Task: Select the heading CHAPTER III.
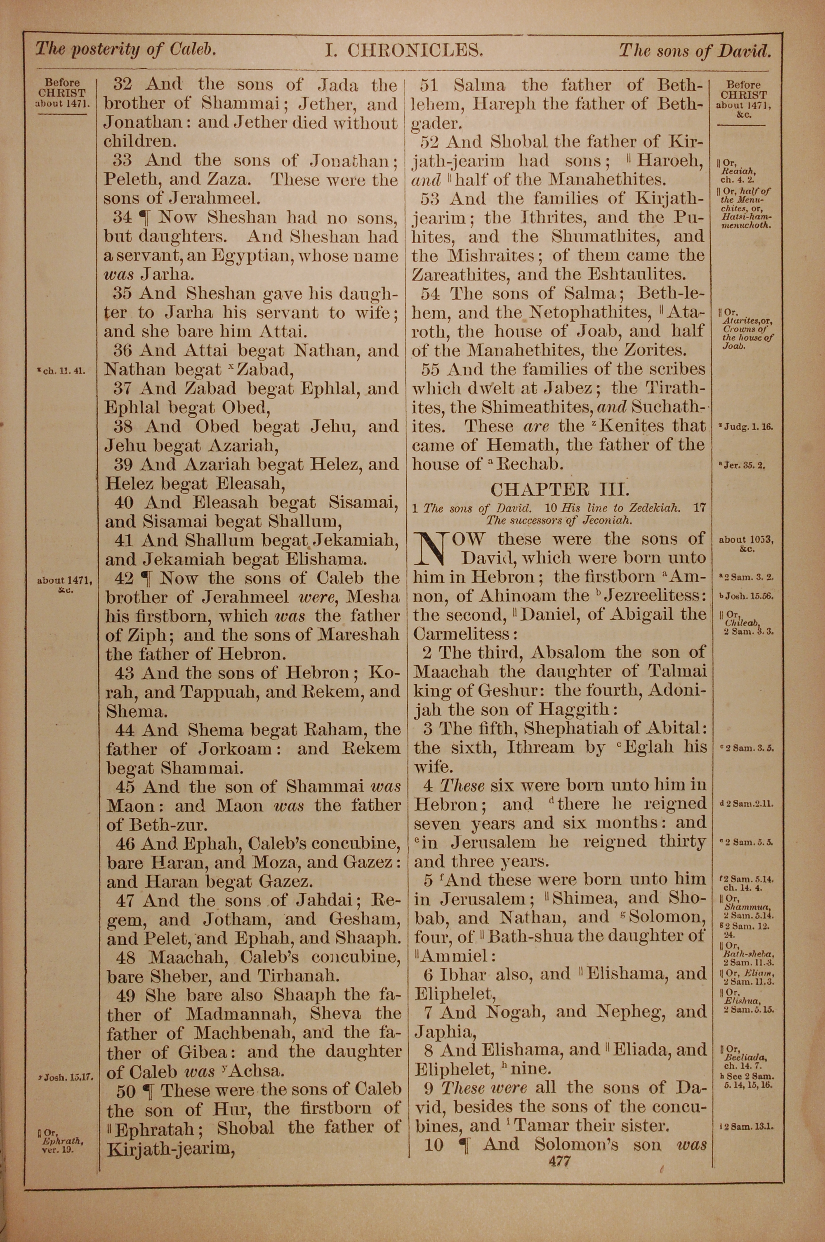pos(559,489)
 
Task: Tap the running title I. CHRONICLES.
pos(403,50)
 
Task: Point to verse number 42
pos(124,578)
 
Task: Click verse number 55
pos(434,370)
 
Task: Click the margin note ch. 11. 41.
pos(65,370)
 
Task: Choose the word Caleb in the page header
pos(192,50)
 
